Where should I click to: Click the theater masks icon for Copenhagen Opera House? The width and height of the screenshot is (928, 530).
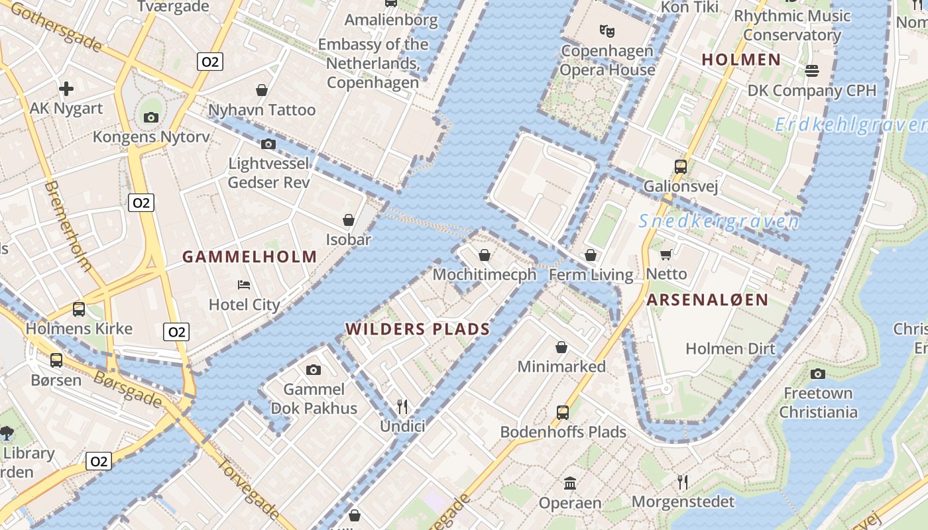click(x=607, y=30)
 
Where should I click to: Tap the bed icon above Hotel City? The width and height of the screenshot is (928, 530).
click(x=244, y=285)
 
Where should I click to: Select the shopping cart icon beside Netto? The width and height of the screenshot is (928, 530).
click(x=666, y=254)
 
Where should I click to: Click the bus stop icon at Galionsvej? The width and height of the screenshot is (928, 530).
click(x=681, y=166)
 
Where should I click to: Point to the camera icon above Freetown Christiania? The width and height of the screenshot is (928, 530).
click(x=818, y=374)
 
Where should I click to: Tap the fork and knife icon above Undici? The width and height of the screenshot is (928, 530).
click(x=402, y=406)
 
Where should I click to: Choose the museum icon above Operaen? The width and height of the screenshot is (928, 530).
click(x=570, y=483)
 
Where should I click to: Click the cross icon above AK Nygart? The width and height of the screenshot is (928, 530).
click(x=66, y=88)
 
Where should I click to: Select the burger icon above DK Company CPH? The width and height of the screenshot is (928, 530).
click(x=812, y=70)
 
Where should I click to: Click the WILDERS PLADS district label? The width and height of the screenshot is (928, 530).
click(x=418, y=329)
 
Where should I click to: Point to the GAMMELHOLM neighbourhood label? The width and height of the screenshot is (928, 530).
click(x=250, y=257)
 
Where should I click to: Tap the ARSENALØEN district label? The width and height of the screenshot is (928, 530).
click(x=707, y=299)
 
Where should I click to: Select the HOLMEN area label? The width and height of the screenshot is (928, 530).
click(x=741, y=60)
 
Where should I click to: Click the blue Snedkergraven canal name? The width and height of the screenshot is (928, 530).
click(x=719, y=222)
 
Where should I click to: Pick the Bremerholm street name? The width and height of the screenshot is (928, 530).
click(x=68, y=225)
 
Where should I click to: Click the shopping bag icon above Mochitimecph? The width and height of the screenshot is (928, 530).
click(x=485, y=255)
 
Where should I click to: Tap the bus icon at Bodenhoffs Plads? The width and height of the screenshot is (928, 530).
click(x=563, y=412)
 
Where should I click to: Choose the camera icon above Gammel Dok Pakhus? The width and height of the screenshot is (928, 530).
click(x=314, y=370)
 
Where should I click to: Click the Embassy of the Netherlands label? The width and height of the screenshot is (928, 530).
click(x=373, y=64)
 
